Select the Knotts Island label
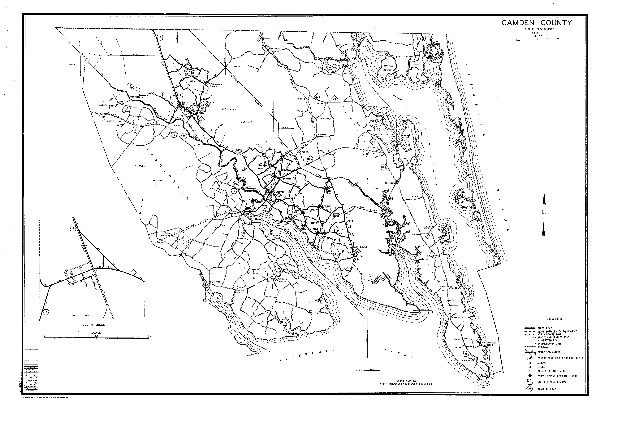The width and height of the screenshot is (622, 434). [404, 57]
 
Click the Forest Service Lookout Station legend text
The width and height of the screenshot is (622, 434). [558, 376]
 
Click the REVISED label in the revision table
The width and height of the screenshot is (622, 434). [29, 391]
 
